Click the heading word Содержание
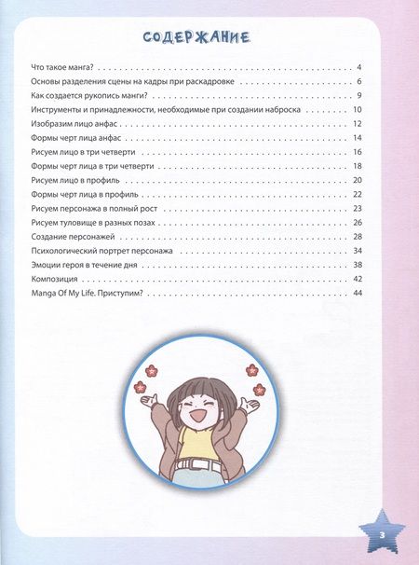(x=196, y=37)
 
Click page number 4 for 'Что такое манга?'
(x=358, y=69)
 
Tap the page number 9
(x=358, y=97)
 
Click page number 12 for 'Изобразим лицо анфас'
(x=357, y=125)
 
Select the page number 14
(x=357, y=138)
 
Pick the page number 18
(x=357, y=166)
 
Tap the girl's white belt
(x=198, y=462)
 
